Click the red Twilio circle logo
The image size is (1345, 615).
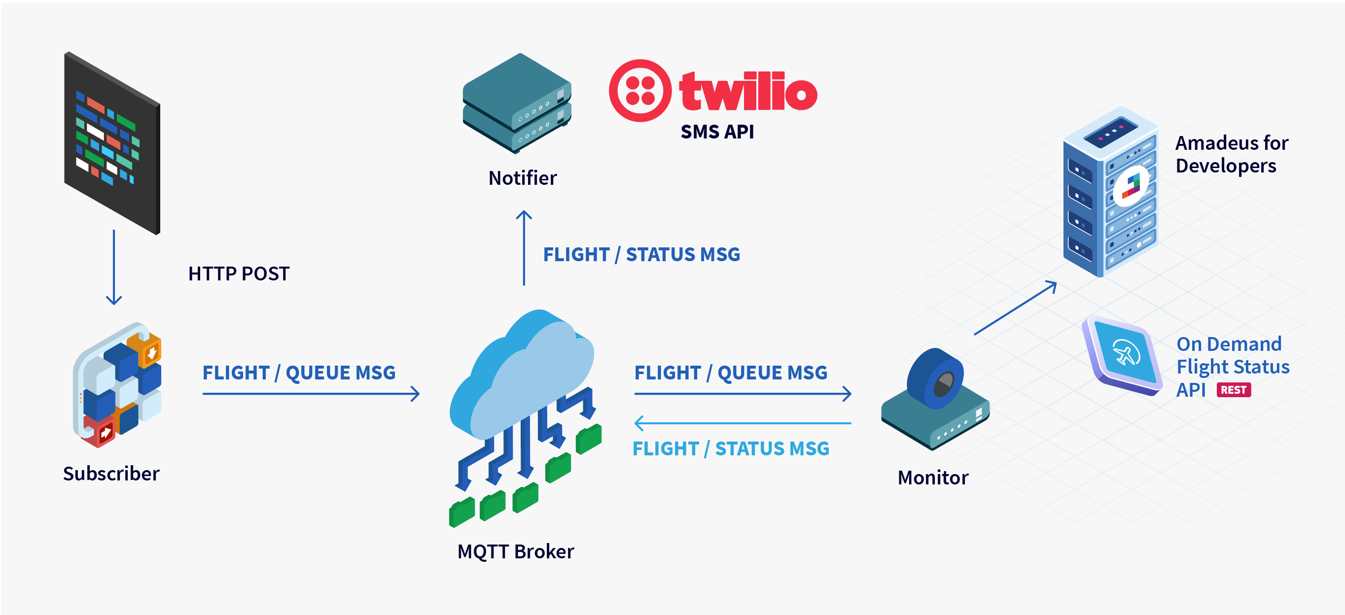pyautogui.click(x=639, y=90)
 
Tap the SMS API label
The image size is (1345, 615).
pyautogui.click(x=717, y=132)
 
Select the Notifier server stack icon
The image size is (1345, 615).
pyautogui.click(x=516, y=104)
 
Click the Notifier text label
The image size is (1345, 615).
pyautogui.click(x=522, y=178)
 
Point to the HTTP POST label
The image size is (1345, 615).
pyautogui.click(x=239, y=273)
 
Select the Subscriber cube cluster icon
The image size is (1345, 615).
pyautogui.click(x=118, y=385)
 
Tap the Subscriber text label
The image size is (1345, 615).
pyautogui.click(x=111, y=474)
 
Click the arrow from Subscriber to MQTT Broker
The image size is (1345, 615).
pyautogui.click(x=311, y=394)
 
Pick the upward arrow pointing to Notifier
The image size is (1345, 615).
pyautogui.click(x=524, y=248)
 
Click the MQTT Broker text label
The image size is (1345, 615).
pyautogui.click(x=515, y=551)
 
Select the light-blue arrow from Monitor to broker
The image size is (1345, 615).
pyautogui.click(x=742, y=423)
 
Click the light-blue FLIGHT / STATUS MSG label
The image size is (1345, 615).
pyautogui.click(x=731, y=448)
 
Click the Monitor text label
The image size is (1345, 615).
pyautogui.click(x=932, y=478)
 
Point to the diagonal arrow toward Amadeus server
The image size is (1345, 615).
pyautogui.click(x=1015, y=308)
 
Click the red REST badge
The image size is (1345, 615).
pyautogui.click(x=1233, y=390)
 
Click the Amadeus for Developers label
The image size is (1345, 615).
pyautogui.click(x=1231, y=154)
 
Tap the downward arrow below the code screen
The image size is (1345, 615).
pyautogui.click(x=114, y=267)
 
